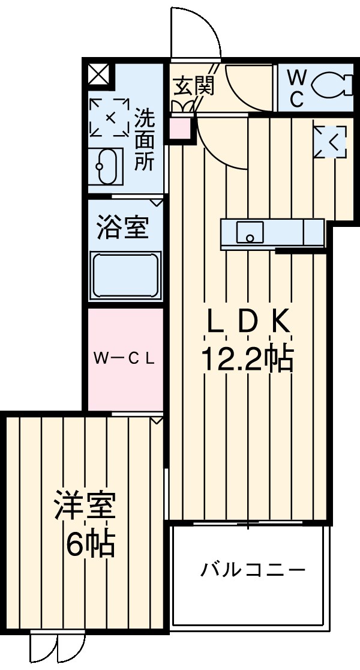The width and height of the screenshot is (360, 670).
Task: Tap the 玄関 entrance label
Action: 193,86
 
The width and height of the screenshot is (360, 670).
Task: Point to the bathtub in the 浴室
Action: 125,276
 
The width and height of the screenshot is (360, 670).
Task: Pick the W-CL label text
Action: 125,358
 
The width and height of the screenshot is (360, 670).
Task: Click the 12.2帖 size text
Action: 247,359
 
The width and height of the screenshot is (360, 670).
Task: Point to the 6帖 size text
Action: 90,544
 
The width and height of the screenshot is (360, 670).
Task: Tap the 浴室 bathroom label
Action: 123,228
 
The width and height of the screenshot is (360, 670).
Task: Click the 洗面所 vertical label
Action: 145,139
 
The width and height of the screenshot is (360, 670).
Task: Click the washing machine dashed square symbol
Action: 109,117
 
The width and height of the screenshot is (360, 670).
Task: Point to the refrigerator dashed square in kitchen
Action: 330,142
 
